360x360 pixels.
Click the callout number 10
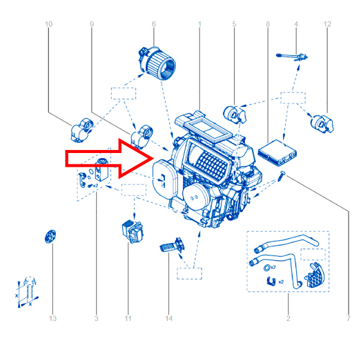pos(49,24)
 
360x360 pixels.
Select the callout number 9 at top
pos(92,24)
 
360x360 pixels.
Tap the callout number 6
pos(154,24)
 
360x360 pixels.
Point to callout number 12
pos(328,24)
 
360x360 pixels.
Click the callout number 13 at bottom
pos(53,319)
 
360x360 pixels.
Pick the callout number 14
pos(169,319)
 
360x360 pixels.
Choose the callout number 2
pos(289,319)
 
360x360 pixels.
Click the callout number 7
pos(349,319)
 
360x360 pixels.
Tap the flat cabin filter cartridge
pos(277,152)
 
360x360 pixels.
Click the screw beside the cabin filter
pos(281,176)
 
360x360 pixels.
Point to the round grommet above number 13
pos(50,236)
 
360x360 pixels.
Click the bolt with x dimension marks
pos(29,290)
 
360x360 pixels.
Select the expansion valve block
pos(101,169)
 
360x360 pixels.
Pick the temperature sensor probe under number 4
pos(292,57)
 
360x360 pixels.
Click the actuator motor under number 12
pos(322,124)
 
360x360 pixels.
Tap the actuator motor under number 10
pos(82,130)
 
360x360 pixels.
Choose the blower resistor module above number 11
pos(133,231)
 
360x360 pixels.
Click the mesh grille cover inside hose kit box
pos(315,276)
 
